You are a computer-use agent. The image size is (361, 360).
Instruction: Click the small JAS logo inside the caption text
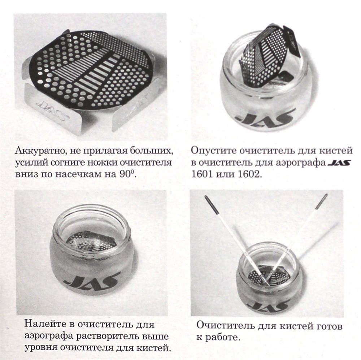coord(340,163)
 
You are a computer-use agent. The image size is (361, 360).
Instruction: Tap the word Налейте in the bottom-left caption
coord(45,324)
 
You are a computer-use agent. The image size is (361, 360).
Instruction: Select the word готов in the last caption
coord(329,326)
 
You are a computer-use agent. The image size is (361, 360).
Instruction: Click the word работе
coord(223,338)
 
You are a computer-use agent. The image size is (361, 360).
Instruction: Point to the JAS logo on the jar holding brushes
coord(268,304)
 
